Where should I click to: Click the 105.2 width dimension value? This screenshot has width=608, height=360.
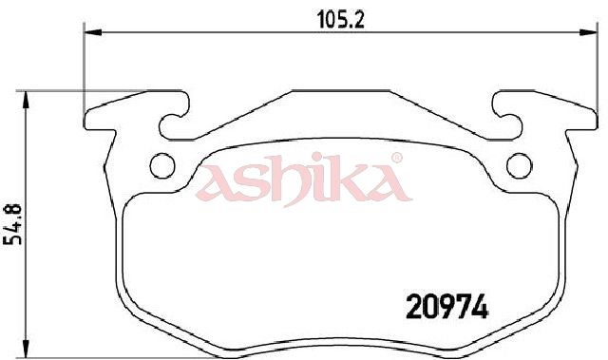pos(341,20)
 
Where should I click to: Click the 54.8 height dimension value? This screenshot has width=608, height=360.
pos(12,224)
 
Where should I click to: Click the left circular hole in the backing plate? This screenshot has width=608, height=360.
pos(162,165)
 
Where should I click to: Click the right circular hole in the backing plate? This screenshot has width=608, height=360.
pos(520,165)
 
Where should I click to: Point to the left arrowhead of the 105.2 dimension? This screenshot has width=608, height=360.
pos(93,32)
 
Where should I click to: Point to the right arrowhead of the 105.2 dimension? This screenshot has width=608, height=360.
pos(588,32)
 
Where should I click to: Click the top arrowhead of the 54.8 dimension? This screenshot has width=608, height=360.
pos(26,100)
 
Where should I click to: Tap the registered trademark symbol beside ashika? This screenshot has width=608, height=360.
pos(396,158)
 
